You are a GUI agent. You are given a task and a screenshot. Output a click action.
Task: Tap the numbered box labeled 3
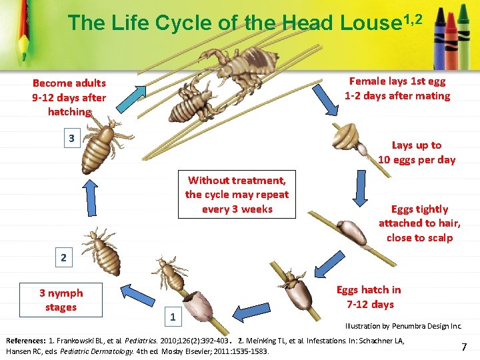71,139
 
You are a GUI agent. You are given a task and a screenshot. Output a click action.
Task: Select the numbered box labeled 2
63,258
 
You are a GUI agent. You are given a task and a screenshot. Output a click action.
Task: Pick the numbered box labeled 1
173,317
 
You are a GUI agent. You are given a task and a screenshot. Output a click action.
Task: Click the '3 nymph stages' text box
61,300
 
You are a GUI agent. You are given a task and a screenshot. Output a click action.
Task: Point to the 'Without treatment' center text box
237,195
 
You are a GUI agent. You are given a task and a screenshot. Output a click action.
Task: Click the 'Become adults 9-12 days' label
69,97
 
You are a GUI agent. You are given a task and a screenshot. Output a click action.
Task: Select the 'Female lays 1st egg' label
397,89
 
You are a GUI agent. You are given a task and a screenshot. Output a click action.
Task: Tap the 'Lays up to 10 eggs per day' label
417,153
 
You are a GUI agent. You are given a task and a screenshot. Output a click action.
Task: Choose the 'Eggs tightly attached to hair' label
419,223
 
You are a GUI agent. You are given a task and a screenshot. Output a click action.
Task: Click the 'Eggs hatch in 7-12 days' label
369,297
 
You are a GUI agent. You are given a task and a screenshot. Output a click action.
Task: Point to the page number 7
464,347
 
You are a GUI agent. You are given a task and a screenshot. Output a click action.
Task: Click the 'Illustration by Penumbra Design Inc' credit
403,327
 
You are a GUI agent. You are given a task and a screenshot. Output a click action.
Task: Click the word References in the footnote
25,341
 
